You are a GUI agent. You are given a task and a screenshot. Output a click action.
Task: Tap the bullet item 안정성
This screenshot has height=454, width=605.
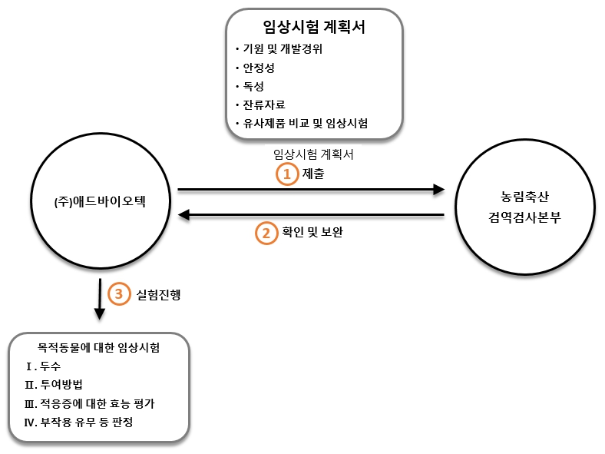tap(259, 68)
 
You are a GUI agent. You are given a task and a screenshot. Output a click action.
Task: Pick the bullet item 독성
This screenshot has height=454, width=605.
tap(253, 86)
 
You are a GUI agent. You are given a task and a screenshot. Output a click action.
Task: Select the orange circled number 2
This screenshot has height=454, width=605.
tap(266, 232)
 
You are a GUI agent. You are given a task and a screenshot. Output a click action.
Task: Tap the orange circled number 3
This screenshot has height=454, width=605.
tap(118, 293)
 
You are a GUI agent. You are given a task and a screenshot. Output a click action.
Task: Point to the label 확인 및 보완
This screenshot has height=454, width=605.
tap(312, 232)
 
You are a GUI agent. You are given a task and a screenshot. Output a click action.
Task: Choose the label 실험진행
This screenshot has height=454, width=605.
tap(158, 293)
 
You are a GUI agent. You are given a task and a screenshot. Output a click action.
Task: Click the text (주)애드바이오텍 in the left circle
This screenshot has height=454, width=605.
tap(99, 202)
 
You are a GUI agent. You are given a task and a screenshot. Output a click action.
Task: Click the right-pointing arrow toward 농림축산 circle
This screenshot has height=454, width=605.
tap(311, 189)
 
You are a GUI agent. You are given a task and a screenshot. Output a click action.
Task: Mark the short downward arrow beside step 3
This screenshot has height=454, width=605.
tap(98, 300)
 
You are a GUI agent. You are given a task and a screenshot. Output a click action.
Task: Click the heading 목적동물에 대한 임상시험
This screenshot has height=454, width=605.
tap(99, 348)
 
